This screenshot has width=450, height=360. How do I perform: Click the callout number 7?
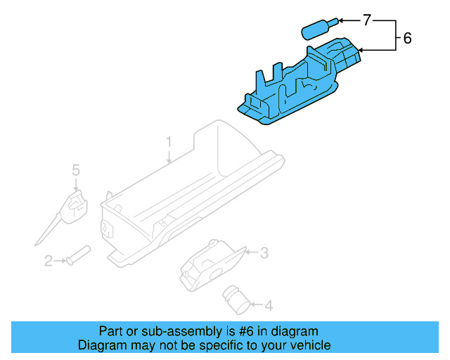(366, 20)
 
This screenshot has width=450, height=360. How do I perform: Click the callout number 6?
(407, 39)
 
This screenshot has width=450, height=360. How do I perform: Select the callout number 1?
(169, 143)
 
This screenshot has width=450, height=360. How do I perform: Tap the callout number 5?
(76, 169)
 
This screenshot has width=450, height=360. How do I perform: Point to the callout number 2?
(49, 262)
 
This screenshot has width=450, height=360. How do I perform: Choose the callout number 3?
(264, 252)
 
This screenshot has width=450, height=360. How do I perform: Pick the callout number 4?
(269, 305)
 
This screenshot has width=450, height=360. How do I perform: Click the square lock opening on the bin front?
(108, 226)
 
